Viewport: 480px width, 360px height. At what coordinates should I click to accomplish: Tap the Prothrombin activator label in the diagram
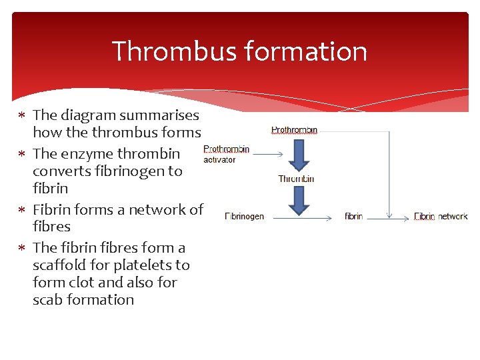pos(226,154)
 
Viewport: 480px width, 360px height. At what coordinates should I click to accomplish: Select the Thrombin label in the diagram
pos(296,179)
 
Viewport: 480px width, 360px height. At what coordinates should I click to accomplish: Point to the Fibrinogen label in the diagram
pos(244,216)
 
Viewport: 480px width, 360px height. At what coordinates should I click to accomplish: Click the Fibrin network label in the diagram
pos(441,216)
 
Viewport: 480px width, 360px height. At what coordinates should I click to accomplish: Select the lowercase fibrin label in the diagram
pos(353,216)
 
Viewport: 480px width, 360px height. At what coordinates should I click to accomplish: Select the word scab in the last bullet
pos(47,299)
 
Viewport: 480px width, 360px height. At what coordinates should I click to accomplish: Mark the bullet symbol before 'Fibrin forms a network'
pos(22,210)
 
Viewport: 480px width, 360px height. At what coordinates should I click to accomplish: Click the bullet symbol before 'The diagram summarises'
pos(22,115)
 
